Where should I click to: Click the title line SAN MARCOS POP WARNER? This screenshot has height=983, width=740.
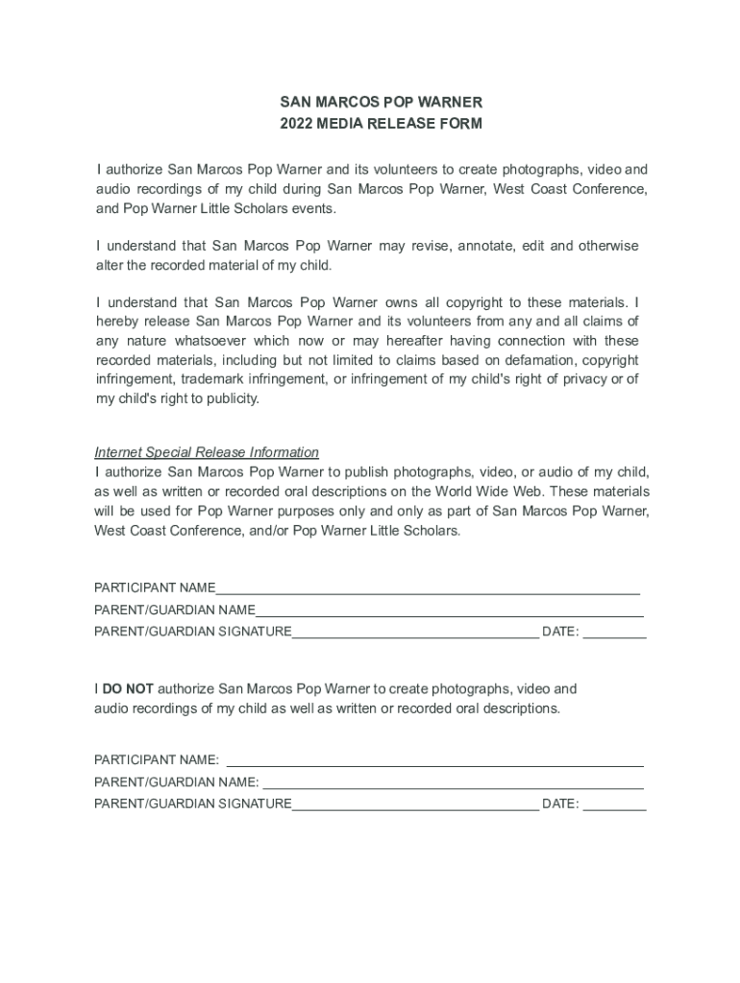click(381, 102)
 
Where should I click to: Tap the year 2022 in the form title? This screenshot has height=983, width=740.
click(297, 124)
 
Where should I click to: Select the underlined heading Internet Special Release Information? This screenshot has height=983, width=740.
click(207, 452)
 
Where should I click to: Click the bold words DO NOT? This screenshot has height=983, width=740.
click(128, 688)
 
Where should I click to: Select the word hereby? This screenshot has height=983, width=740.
click(116, 322)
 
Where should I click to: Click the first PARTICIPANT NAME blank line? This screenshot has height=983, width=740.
click(428, 588)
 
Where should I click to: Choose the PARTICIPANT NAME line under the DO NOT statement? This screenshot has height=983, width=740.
click(433, 760)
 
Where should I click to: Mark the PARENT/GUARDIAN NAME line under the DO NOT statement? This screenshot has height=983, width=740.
click(453, 782)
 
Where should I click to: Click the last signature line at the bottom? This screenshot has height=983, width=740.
click(414, 804)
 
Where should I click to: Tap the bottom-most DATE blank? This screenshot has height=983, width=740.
click(614, 804)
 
